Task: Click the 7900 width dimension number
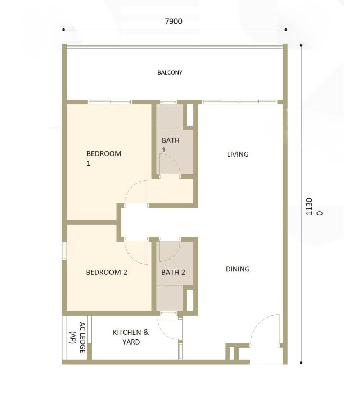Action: coord(173,21)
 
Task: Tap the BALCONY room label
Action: coord(170,72)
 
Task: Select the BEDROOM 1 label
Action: coord(104,158)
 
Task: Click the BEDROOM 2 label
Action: coord(107,272)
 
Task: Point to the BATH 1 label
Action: coord(171,145)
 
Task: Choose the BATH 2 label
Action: coord(173,272)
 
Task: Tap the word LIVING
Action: coord(238,154)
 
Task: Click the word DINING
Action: coord(238,269)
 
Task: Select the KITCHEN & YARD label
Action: coord(131,337)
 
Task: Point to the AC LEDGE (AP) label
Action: coord(78,337)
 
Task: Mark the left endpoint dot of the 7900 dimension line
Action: coord(63,30)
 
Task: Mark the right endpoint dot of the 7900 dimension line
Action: coord(286,30)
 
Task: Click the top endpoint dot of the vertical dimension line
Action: coord(301,45)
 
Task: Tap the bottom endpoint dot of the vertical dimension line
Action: coord(301,363)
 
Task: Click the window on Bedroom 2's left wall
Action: coord(64,251)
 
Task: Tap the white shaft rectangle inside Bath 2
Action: coord(190,300)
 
